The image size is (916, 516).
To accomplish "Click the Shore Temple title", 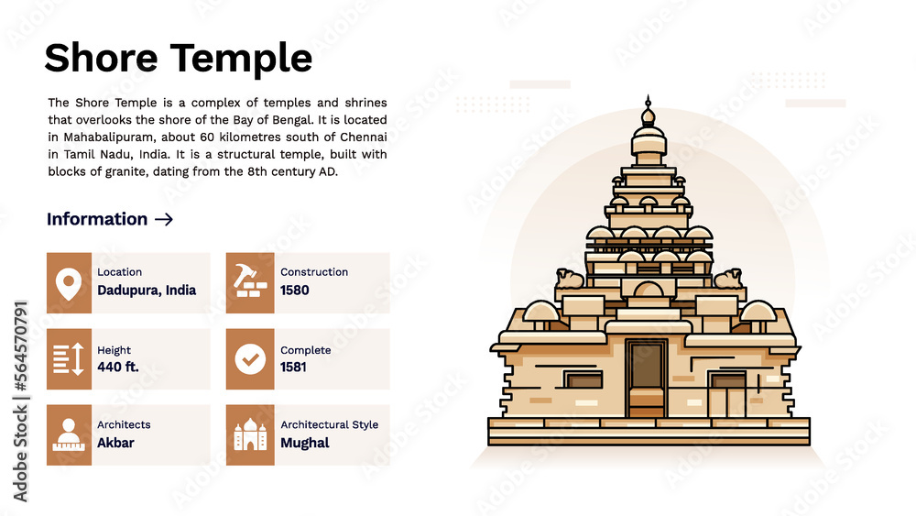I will tap(178, 59).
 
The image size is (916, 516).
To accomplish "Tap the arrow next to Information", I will tap(164, 219).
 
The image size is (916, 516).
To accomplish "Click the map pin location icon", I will tap(69, 283).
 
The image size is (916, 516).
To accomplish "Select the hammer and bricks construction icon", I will tap(249, 283).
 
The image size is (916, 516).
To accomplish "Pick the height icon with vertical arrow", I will tap(69, 359).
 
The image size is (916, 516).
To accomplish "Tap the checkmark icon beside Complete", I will tap(249, 359).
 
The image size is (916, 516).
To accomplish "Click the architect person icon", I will tap(69, 434).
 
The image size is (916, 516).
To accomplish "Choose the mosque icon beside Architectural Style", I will tap(249, 434).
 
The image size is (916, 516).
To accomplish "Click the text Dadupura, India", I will tap(147, 291).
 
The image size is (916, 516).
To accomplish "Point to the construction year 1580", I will tap(295, 291).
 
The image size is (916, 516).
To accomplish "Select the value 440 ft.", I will tap(116, 368).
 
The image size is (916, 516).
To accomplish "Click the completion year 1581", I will tap(294, 368).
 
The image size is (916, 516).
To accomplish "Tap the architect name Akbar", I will tap(115, 443).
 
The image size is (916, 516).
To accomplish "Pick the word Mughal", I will tap(305, 443).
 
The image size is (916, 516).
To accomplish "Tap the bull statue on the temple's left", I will tap(569, 278).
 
